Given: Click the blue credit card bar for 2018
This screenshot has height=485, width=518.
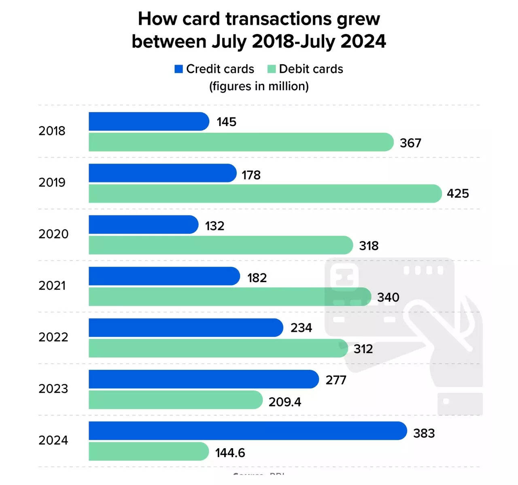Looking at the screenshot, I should pos(149,121).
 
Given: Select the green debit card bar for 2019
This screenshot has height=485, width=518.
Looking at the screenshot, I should pos(265,194).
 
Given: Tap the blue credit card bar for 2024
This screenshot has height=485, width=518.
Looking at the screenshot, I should pos(247,431).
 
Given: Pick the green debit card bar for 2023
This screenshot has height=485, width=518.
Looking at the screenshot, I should pos(175,400).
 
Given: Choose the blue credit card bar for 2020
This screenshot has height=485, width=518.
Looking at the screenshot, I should pos(143,225).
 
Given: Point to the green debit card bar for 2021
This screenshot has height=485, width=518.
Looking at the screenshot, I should pos(229,297).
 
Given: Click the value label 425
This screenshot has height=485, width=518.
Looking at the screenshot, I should pos(458,194).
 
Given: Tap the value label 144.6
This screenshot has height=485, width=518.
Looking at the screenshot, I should pos(230,453).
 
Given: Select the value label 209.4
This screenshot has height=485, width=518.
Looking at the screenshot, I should pos(285,402).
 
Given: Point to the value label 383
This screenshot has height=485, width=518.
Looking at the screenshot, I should pos(424,433).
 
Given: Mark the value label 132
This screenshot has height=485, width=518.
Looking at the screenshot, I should pos(214,226).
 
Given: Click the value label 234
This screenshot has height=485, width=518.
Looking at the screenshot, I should pos(301,328).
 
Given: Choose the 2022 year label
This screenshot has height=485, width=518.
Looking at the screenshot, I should pos(53,337).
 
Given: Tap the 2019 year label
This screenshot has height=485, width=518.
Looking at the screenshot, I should pos(52,182).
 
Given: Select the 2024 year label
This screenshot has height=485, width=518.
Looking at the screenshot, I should pos(53,440).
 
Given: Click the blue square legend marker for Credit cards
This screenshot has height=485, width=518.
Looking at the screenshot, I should pos(178,69).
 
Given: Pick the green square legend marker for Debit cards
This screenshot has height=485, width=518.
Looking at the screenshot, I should pos(272,69).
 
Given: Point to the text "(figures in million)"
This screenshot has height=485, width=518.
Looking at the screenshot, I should pos(259,86).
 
